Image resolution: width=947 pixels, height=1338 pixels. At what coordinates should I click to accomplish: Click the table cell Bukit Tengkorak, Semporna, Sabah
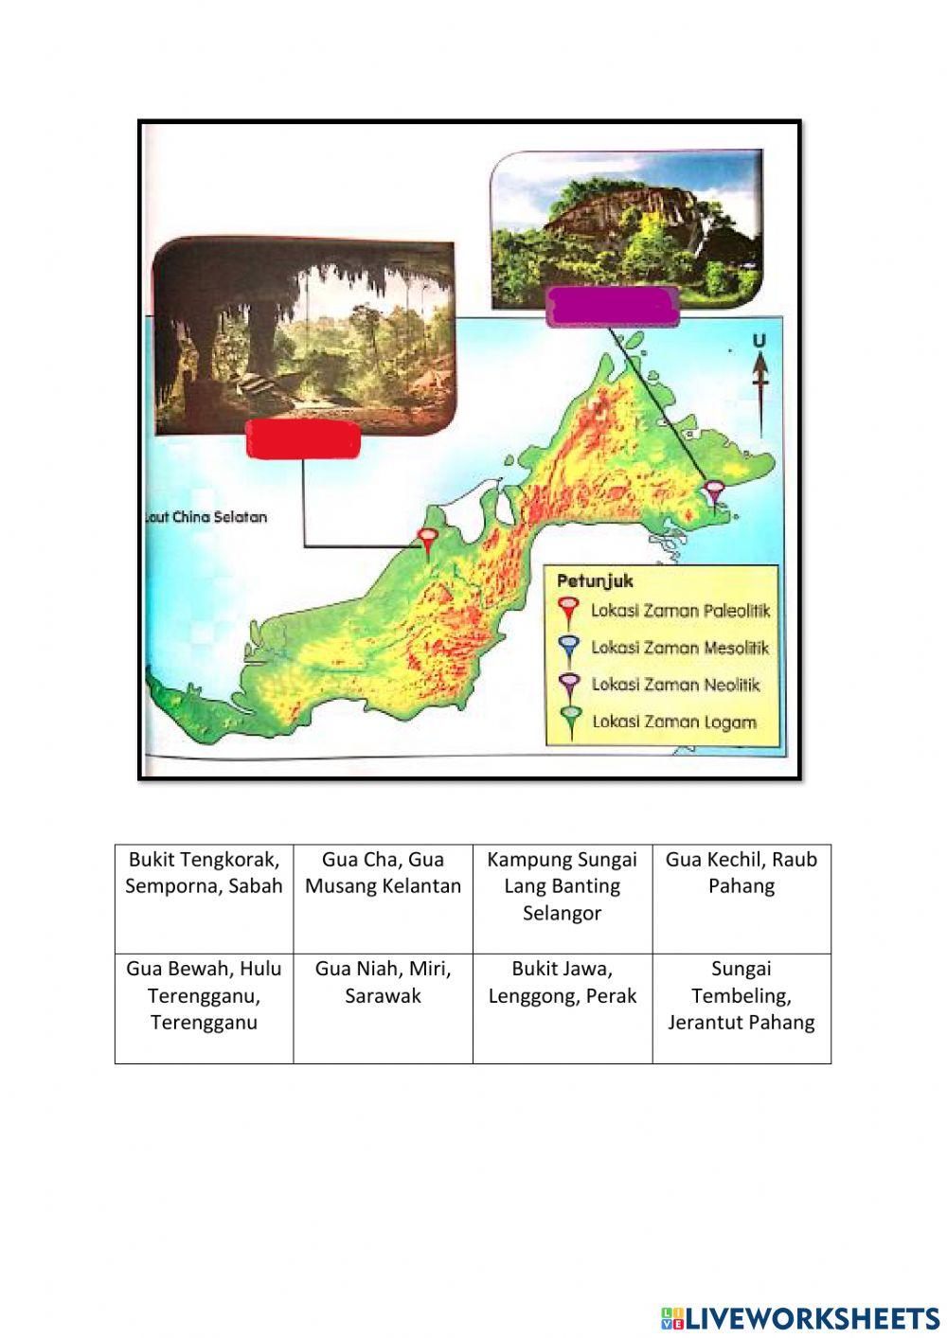click(204, 898)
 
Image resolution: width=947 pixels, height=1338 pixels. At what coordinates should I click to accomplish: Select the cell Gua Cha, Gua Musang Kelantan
click(383, 898)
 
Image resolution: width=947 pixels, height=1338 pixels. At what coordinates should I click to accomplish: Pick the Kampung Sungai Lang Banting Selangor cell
click(562, 898)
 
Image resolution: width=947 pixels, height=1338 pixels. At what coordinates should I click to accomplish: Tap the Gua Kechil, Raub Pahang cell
click(741, 898)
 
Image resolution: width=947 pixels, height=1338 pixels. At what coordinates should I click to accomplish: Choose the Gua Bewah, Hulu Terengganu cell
click(204, 1008)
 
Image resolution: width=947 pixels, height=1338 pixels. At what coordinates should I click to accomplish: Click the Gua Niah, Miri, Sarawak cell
click(383, 1008)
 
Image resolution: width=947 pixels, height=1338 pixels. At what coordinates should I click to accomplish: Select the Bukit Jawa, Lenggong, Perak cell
click(562, 1008)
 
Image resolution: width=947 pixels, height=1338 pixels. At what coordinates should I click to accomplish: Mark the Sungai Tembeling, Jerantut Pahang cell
click(741, 1008)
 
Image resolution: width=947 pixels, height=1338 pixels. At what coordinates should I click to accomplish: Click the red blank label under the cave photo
click(303, 440)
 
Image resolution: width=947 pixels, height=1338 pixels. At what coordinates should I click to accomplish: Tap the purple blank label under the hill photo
click(614, 307)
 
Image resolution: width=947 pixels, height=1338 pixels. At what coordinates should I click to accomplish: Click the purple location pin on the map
click(715, 493)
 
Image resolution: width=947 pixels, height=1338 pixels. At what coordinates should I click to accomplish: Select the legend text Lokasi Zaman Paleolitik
click(680, 611)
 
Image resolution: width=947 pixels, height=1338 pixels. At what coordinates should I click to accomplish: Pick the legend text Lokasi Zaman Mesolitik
click(680, 648)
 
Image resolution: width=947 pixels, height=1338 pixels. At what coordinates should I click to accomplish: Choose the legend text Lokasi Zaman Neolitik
click(675, 685)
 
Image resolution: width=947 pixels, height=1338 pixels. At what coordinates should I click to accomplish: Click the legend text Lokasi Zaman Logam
click(674, 722)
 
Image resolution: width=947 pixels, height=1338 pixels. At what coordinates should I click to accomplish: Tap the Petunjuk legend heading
click(595, 580)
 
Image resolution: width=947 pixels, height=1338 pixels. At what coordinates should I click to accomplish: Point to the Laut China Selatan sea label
click(206, 517)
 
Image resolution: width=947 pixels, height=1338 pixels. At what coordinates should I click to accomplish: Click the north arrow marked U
click(759, 374)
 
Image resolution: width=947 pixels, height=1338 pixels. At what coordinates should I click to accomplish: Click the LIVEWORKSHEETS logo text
click(800, 1318)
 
